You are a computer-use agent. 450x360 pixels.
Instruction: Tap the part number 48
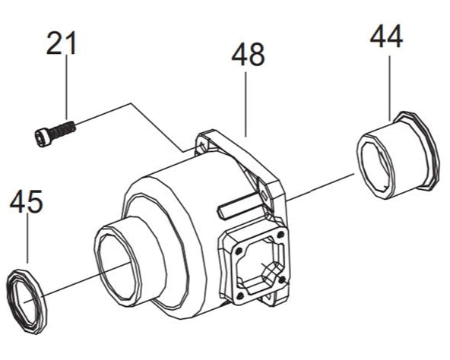(x=248, y=55)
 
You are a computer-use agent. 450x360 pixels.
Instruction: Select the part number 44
(x=387, y=36)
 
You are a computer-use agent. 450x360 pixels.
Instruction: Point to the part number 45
(x=27, y=202)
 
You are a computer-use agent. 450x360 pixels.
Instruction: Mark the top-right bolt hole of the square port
(x=280, y=233)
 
